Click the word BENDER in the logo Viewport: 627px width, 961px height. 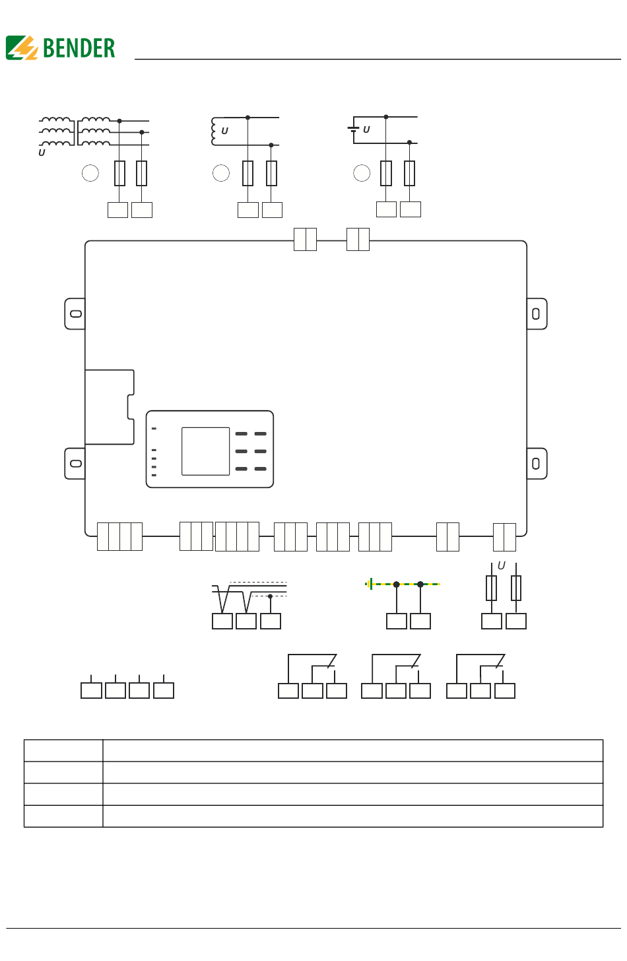pyautogui.click(x=79, y=48)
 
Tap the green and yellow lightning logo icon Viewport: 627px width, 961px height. pyautogui.click(x=22, y=48)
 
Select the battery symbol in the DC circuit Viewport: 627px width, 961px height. pyautogui.click(x=353, y=130)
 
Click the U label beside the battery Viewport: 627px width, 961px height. pyautogui.click(x=366, y=130)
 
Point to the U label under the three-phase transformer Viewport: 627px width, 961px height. pyautogui.click(x=42, y=153)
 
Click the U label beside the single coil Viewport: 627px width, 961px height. pyautogui.click(x=224, y=131)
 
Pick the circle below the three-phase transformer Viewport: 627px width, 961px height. pyautogui.click(x=90, y=173)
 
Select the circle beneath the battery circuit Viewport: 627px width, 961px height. pyautogui.click(x=362, y=173)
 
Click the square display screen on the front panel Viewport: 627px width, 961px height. pyautogui.click(x=205, y=451)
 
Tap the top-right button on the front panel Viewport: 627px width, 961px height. pyautogui.click(x=261, y=434)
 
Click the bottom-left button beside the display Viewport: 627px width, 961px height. pyautogui.click(x=241, y=469)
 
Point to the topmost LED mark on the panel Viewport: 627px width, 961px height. pyautogui.click(x=154, y=429)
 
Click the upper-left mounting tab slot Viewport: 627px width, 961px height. pyautogui.click(x=76, y=313)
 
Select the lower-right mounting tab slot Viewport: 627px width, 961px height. pyautogui.click(x=536, y=464)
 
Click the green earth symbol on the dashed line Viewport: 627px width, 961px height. pyautogui.click(x=370, y=584)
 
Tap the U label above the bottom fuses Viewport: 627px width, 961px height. pyautogui.click(x=501, y=566)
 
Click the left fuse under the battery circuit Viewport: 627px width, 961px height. pyautogui.click(x=386, y=173)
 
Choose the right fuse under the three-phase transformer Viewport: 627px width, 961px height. pyautogui.click(x=141, y=173)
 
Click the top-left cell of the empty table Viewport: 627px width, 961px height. pyautogui.click(x=63, y=751)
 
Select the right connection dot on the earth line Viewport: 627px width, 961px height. pyautogui.click(x=420, y=585)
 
